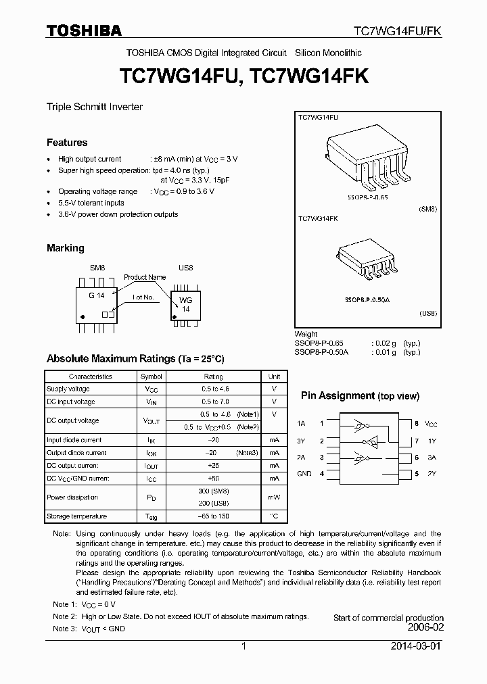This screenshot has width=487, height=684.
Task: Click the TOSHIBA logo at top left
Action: pyautogui.click(x=84, y=31)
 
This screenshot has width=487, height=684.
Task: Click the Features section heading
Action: pyautogui.click(x=67, y=143)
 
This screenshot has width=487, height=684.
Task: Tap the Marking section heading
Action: pyautogui.click(x=66, y=248)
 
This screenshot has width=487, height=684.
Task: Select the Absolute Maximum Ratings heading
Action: pyautogui.click(x=135, y=359)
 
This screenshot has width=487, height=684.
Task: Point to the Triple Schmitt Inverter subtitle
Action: pyautogui.click(x=94, y=107)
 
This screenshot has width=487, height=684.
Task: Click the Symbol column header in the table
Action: pyautogui.click(x=151, y=376)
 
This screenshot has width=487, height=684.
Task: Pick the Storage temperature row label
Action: pyautogui.click(x=76, y=516)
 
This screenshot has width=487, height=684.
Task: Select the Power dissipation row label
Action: pyautogui.click(x=72, y=497)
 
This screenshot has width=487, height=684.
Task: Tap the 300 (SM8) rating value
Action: pyautogui.click(x=213, y=491)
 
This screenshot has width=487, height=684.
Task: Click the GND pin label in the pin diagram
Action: pyautogui.click(x=304, y=474)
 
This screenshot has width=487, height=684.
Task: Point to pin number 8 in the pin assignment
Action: pyautogui.click(x=417, y=424)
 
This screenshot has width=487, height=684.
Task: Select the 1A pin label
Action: pyautogui.click(x=302, y=424)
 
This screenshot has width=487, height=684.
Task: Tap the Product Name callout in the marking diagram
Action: pyautogui.click(x=145, y=277)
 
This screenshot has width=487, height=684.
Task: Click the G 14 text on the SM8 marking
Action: pyautogui.click(x=96, y=295)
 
